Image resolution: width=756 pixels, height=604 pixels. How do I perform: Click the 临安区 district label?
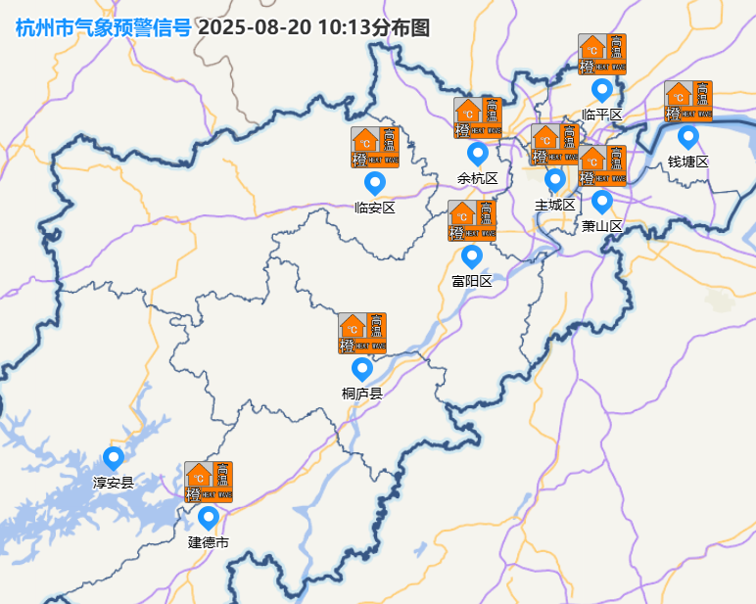(375, 208)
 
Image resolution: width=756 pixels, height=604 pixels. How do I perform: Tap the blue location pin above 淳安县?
(114, 458)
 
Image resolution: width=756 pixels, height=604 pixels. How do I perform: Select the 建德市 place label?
(209, 542)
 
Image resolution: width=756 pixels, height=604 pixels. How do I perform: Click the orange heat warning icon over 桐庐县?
(362, 333)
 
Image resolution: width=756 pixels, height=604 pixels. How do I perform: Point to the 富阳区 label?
(472, 281)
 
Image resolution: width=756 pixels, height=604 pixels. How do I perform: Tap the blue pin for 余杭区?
(478, 154)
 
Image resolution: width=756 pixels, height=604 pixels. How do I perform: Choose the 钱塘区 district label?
(688, 162)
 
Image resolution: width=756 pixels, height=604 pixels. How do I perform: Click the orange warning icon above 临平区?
(602, 54)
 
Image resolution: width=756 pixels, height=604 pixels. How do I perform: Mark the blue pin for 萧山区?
(602, 202)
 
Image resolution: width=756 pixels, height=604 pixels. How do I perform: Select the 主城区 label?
(555, 205)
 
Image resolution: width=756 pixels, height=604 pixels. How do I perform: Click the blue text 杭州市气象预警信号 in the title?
(103, 27)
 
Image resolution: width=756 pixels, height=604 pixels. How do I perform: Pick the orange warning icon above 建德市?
(209, 482)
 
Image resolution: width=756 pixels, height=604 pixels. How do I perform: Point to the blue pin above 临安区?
(375, 182)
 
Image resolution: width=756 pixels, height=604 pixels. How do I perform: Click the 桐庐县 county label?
(362, 394)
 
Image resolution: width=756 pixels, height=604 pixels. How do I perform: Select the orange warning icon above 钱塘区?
(688, 101)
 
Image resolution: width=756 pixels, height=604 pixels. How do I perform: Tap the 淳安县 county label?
(114, 483)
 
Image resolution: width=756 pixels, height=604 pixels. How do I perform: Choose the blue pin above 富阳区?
(472, 256)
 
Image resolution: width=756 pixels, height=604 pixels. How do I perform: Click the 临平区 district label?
(602, 115)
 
